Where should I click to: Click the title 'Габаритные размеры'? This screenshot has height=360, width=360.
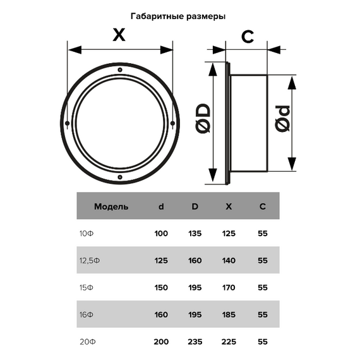point(178,16)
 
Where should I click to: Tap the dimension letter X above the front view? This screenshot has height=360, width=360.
point(119,35)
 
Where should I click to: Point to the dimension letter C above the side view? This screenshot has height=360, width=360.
point(248,37)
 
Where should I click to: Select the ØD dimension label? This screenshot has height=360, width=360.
point(204,119)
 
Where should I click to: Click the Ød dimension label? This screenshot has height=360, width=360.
point(282,119)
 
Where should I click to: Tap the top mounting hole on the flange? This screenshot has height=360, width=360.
point(120,70)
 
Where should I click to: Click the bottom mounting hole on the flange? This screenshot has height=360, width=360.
point(120,177)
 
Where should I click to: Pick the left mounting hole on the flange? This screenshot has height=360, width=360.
point(68,123)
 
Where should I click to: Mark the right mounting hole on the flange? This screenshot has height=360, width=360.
point(172,123)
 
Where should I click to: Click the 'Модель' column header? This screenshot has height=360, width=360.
point(111,207)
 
